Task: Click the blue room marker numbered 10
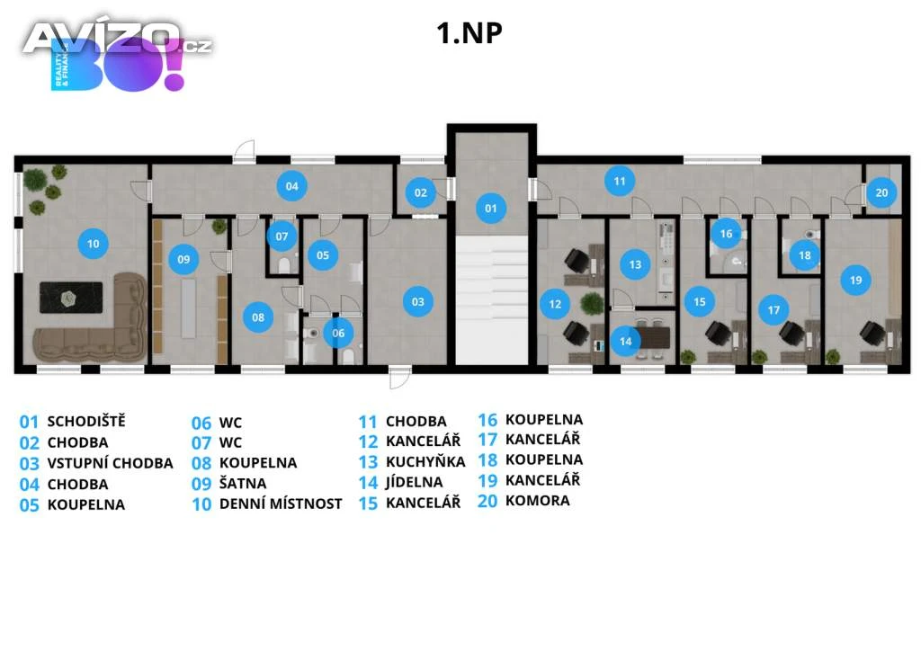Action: point(92,242)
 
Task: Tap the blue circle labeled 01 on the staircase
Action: point(490,209)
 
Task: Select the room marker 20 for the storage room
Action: point(881,192)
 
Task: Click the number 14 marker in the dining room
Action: point(625,341)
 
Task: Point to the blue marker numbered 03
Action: point(417,302)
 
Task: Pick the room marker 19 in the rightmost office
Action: point(855,281)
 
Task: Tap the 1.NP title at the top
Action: point(469,32)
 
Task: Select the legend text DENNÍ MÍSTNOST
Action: point(281,504)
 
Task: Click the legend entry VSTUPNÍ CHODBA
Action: point(110,464)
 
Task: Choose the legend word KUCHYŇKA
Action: point(425,462)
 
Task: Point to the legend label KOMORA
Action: point(537,501)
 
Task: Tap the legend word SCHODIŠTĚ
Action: point(86,421)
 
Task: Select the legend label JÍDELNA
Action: point(414,483)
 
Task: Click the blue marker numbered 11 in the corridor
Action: point(619,181)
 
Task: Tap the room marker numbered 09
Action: point(183,260)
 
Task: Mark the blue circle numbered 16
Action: point(726,234)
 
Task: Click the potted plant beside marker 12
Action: point(591,303)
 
